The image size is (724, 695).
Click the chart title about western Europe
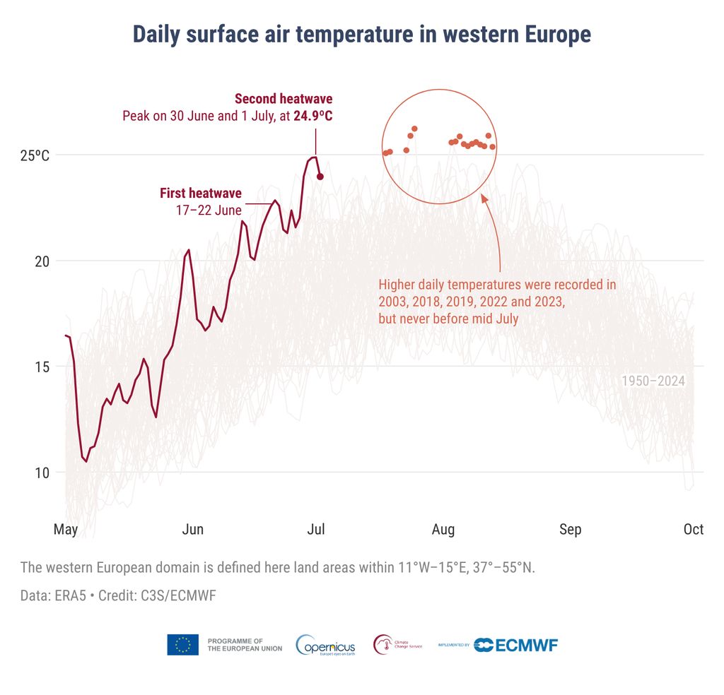tap(361, 34)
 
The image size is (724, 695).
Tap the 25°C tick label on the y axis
tap(35, 155)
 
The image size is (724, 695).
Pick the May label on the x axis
tap(66, 529)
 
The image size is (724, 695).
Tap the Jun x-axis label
tap(193, 529)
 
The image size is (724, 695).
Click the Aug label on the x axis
tap(443, 529)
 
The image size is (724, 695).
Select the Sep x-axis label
tap(570, 529)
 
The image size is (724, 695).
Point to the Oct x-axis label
tap(693, 529)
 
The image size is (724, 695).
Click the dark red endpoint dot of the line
tap(320, 177)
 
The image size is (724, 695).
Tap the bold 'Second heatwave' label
tap(283, 99)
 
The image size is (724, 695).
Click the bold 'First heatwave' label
tap(200, 193)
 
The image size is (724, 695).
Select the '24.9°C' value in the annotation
tap(313, 116)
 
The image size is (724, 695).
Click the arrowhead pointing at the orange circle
tap(485, 198)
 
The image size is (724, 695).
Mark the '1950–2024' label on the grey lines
tap(653, 381)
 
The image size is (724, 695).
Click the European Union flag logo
tap(182, 644)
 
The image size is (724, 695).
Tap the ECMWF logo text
tap(526, 645)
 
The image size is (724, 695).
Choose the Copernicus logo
tap(326, 645)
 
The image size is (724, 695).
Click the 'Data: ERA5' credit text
tap(53, 595)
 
